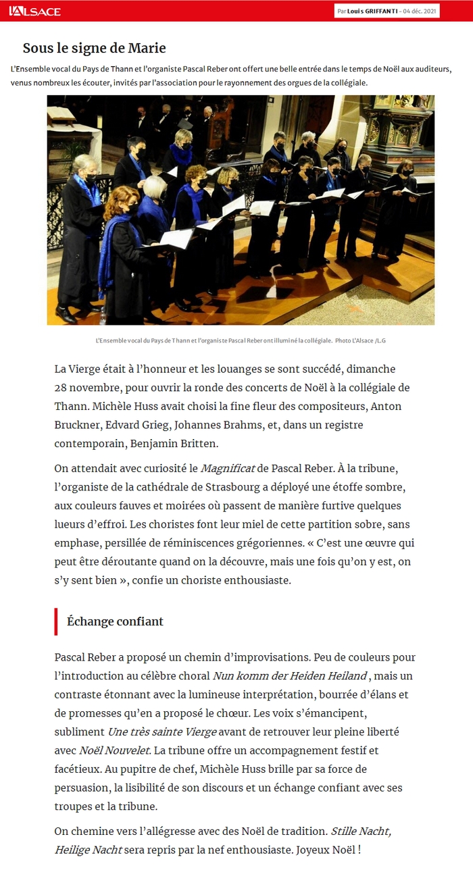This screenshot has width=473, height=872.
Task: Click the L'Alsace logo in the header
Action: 34,11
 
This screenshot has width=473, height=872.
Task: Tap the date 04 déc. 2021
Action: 420,11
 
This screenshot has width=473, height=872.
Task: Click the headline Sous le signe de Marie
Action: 94,48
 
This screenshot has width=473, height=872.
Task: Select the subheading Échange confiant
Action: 115,621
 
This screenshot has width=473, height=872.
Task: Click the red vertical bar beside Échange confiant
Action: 56,621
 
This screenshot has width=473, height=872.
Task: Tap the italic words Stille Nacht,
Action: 360,831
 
